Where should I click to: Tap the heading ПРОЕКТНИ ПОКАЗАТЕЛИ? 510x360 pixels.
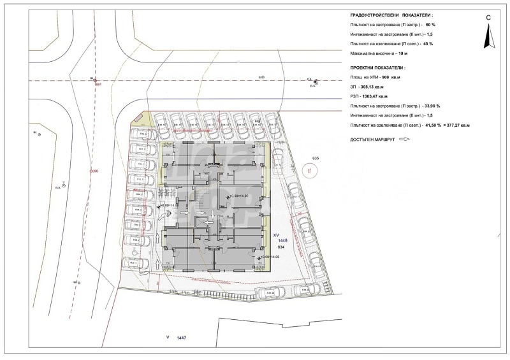(x=377, y=67)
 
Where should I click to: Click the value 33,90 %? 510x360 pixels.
(x=432, y=106)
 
